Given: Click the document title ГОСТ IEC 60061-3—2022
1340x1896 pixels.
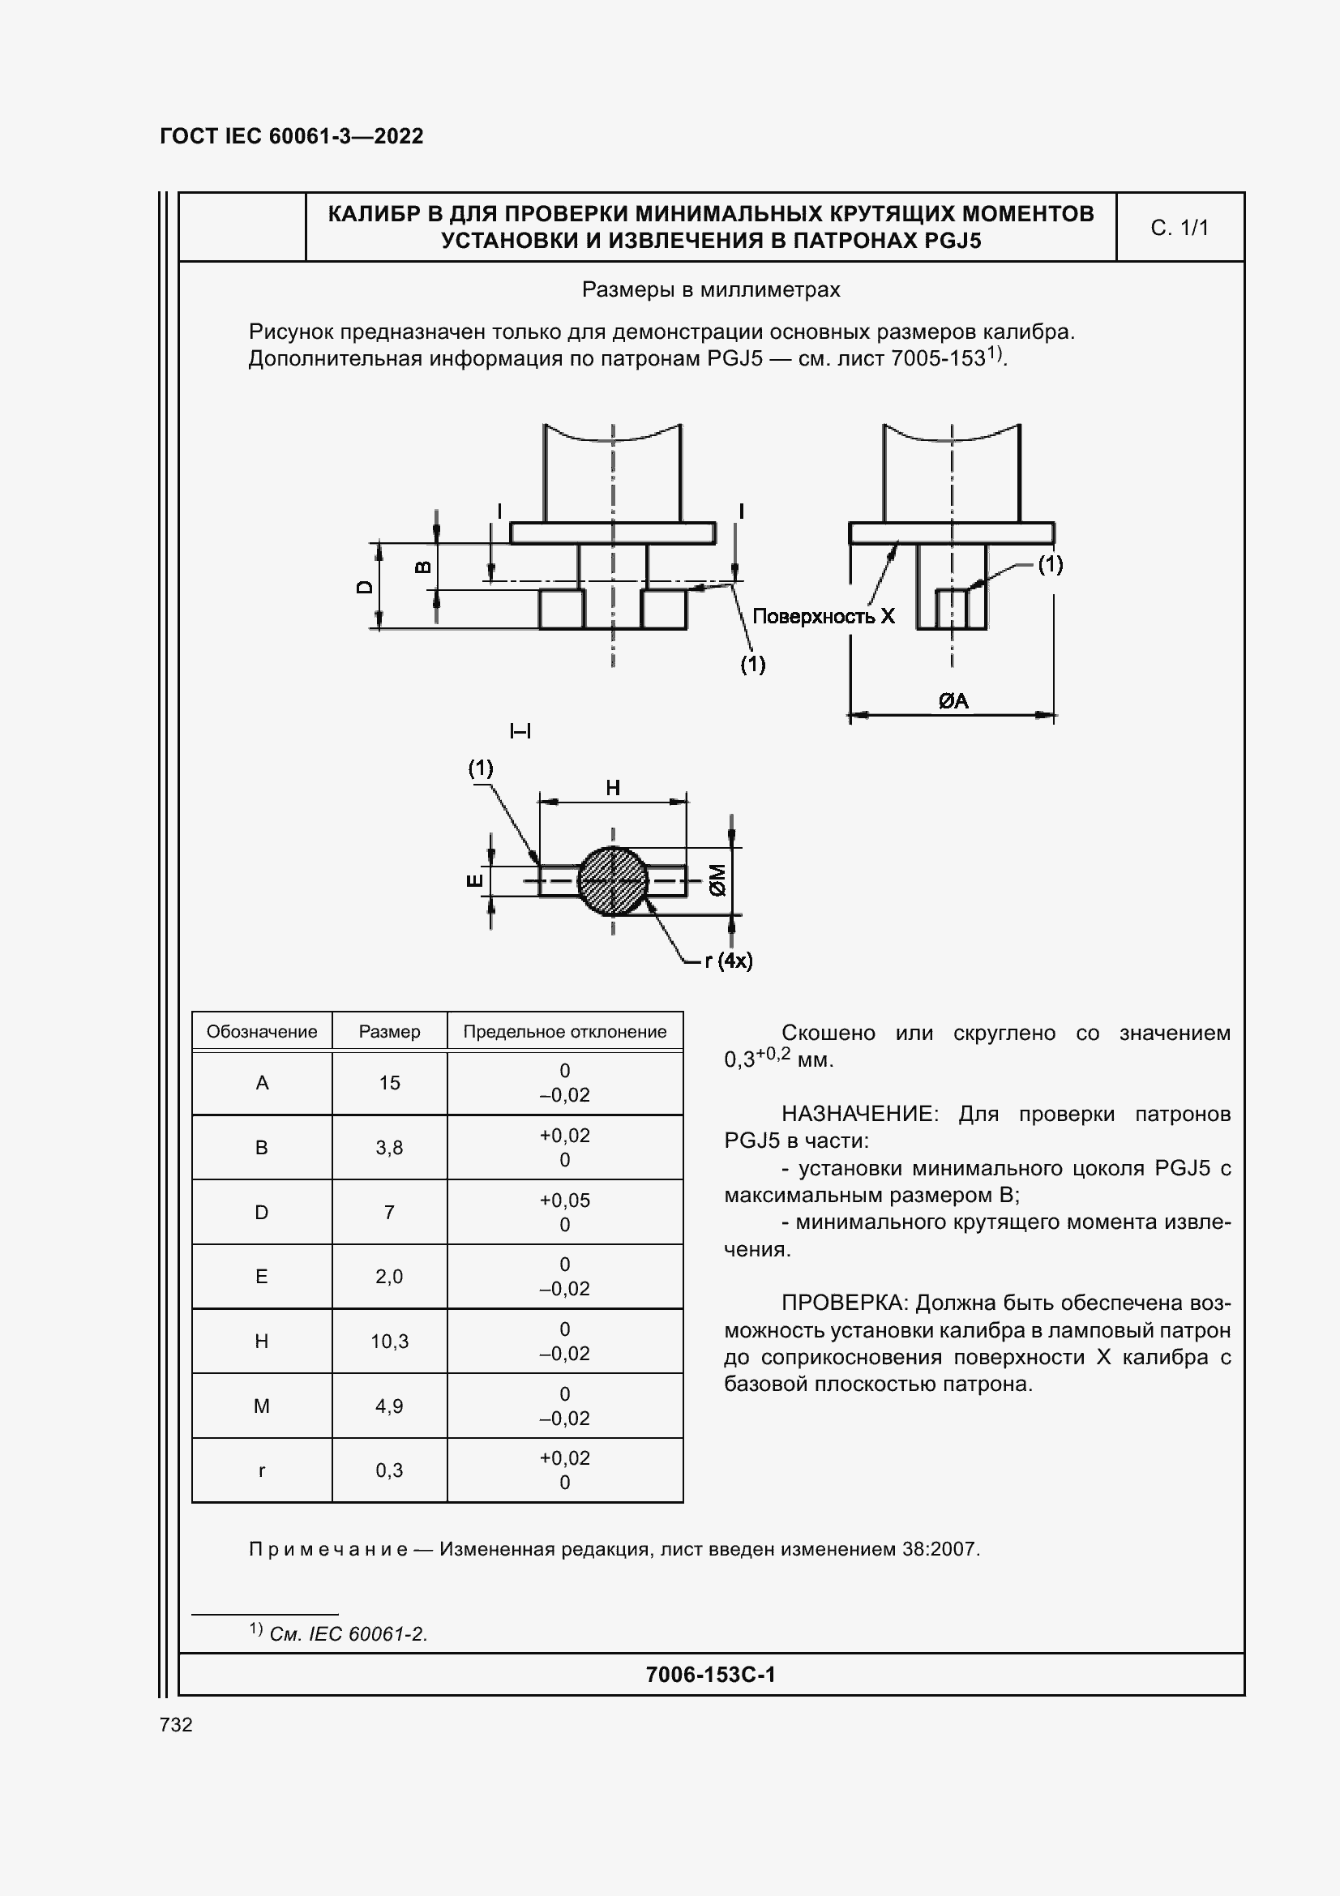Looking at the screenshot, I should pos(291,136).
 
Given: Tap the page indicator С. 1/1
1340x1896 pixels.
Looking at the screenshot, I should pos(1179,228).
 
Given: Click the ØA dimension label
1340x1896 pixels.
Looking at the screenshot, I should pos(953,701).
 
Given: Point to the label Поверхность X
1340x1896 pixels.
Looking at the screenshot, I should pos(823,616).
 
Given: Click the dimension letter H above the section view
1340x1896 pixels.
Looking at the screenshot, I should pos(613,788).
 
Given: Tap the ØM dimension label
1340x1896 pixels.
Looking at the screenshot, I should pos(717,880).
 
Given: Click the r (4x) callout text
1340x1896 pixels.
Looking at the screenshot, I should pos(728,961).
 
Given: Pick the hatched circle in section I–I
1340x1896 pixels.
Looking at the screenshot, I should pos(613,881).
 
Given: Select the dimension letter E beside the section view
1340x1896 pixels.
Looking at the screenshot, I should pos(476,880).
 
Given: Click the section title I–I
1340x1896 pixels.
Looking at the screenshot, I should pos(520,731).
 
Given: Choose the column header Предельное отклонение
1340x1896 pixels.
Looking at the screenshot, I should pos(565,1031).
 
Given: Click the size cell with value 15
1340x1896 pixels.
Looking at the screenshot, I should pos(389,1083).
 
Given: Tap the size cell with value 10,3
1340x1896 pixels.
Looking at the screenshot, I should pos(389,1341).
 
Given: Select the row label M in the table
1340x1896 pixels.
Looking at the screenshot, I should pos(262,1406).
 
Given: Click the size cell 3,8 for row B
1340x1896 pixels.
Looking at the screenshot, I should pos(389,1147).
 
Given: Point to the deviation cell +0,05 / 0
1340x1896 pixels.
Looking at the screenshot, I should pos(565,1212).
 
